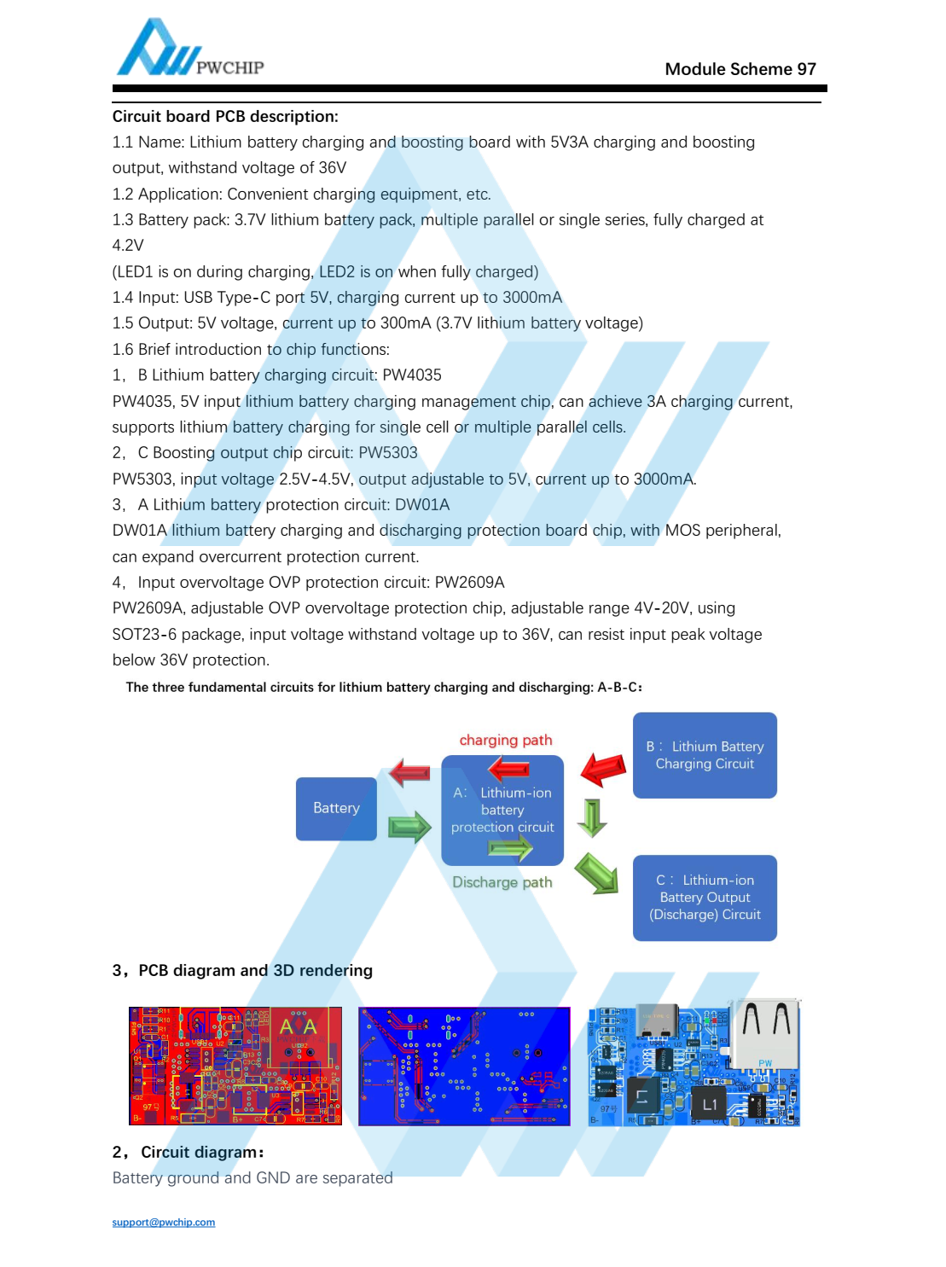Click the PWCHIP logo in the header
189,49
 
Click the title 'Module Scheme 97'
740,69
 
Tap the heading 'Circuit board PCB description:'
225,116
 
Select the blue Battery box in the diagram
336,808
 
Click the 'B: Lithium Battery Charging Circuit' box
705,755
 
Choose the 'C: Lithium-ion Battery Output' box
705,898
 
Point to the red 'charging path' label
505,740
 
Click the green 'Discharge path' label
502,882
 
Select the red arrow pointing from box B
603,767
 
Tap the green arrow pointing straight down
592,817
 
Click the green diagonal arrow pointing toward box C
597,873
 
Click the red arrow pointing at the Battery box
409,773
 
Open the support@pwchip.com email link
164,1222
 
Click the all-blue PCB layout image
464,1066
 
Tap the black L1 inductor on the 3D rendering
709,1103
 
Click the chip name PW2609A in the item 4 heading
469,582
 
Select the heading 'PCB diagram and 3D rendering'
255,970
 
